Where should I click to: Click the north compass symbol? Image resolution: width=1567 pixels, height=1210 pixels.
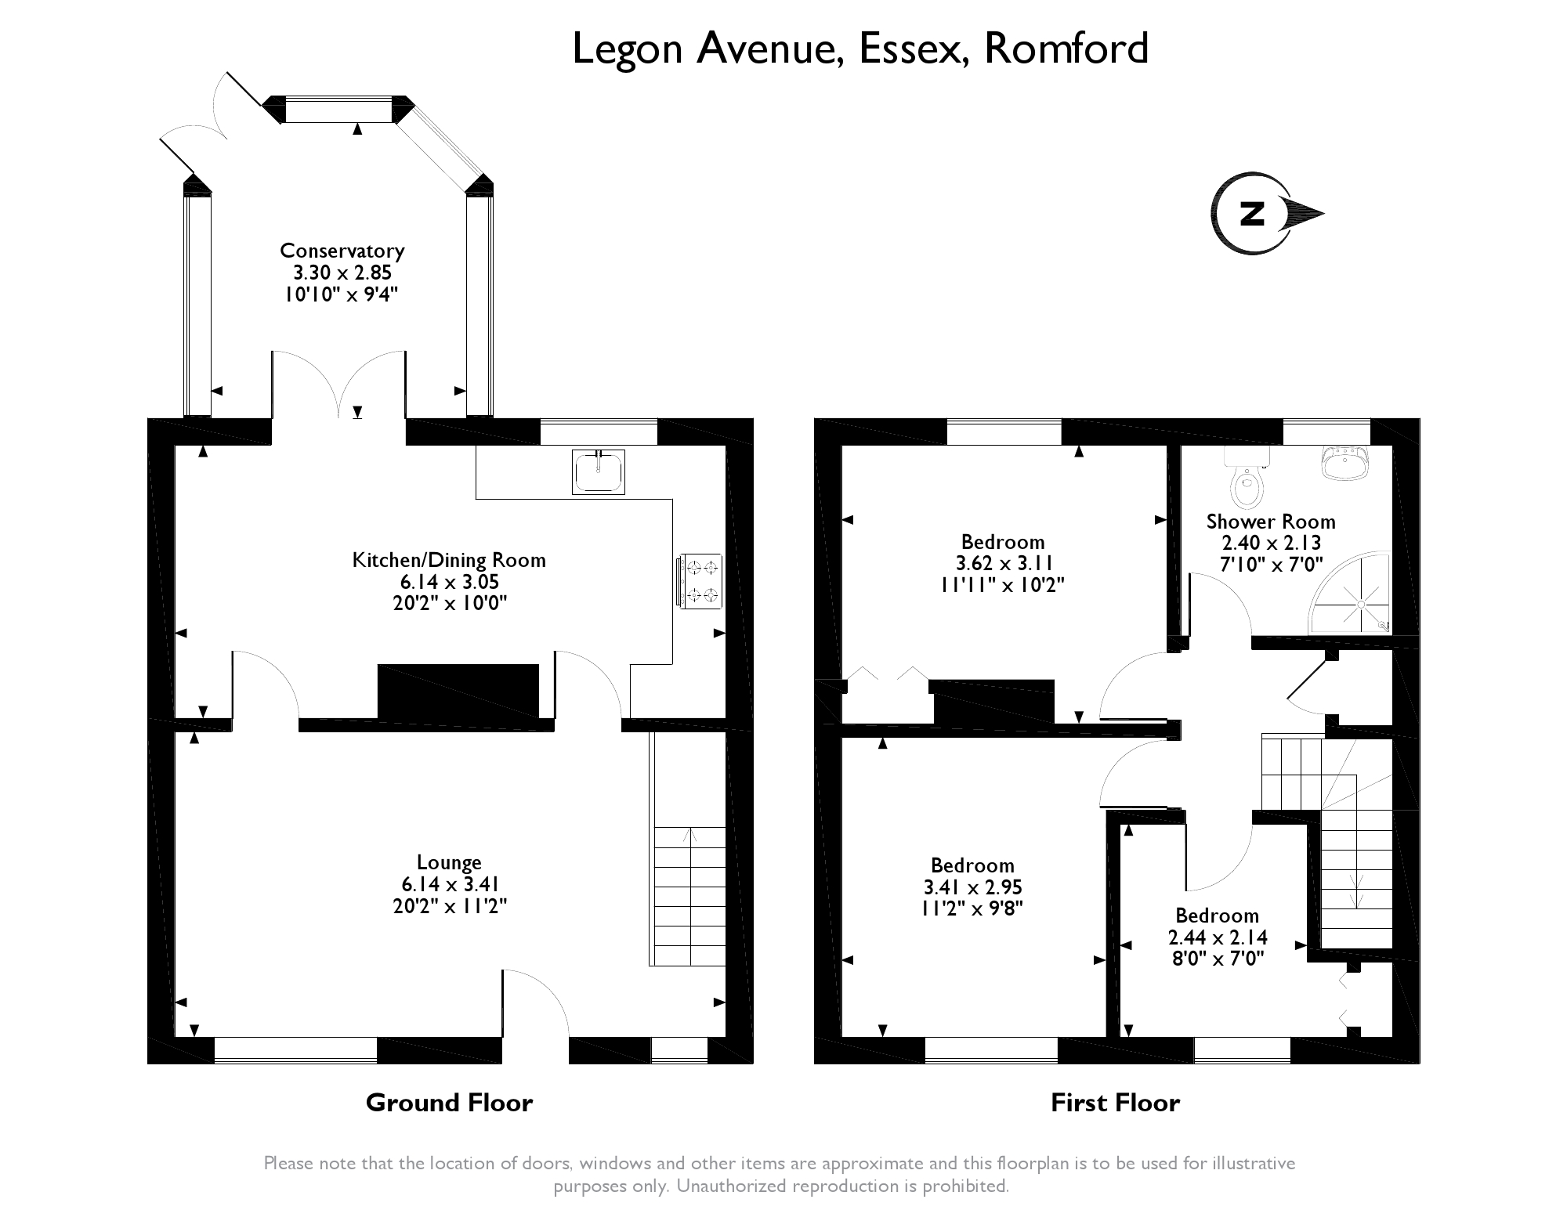click(x=1267, y=213)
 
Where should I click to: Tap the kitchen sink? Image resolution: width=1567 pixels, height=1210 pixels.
click(x=599, y=472)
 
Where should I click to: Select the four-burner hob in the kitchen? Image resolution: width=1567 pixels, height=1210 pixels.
click(x=699, y=580)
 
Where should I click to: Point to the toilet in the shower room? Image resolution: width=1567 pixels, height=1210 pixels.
click(x=1247, y=477)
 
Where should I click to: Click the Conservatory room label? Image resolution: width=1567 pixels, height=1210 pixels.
click(x=342, y=251)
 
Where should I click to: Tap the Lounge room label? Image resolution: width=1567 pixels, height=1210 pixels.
click(x=449, y=862)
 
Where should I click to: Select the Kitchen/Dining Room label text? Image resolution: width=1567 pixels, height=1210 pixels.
click(x=449, y=560)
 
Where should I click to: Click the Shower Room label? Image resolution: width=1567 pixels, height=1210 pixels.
click(x=1271, y=522)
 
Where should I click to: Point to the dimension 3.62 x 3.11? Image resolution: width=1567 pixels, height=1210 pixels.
click(x=1003, y=563)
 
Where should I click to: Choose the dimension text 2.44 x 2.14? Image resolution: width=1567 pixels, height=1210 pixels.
click(x=1218, y=937)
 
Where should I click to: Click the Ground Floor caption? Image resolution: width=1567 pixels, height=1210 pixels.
click(x=449, y=1103)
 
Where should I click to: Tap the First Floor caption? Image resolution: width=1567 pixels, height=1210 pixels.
click(x=1115, y=1103)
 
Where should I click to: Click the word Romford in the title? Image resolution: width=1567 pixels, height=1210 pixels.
click(x=1066, y=49)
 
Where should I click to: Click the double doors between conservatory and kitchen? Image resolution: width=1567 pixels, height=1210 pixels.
click(x=339, y=385)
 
